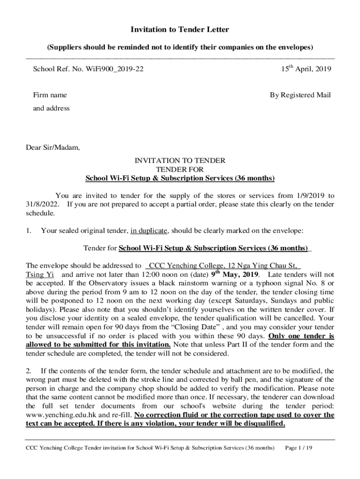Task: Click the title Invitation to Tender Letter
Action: (180, 30)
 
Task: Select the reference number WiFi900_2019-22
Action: (117, 69)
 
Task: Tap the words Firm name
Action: (50, 95)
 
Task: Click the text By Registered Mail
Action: (300, 95)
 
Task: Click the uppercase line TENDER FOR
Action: (180, 169)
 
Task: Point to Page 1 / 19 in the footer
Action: (298, 448)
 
